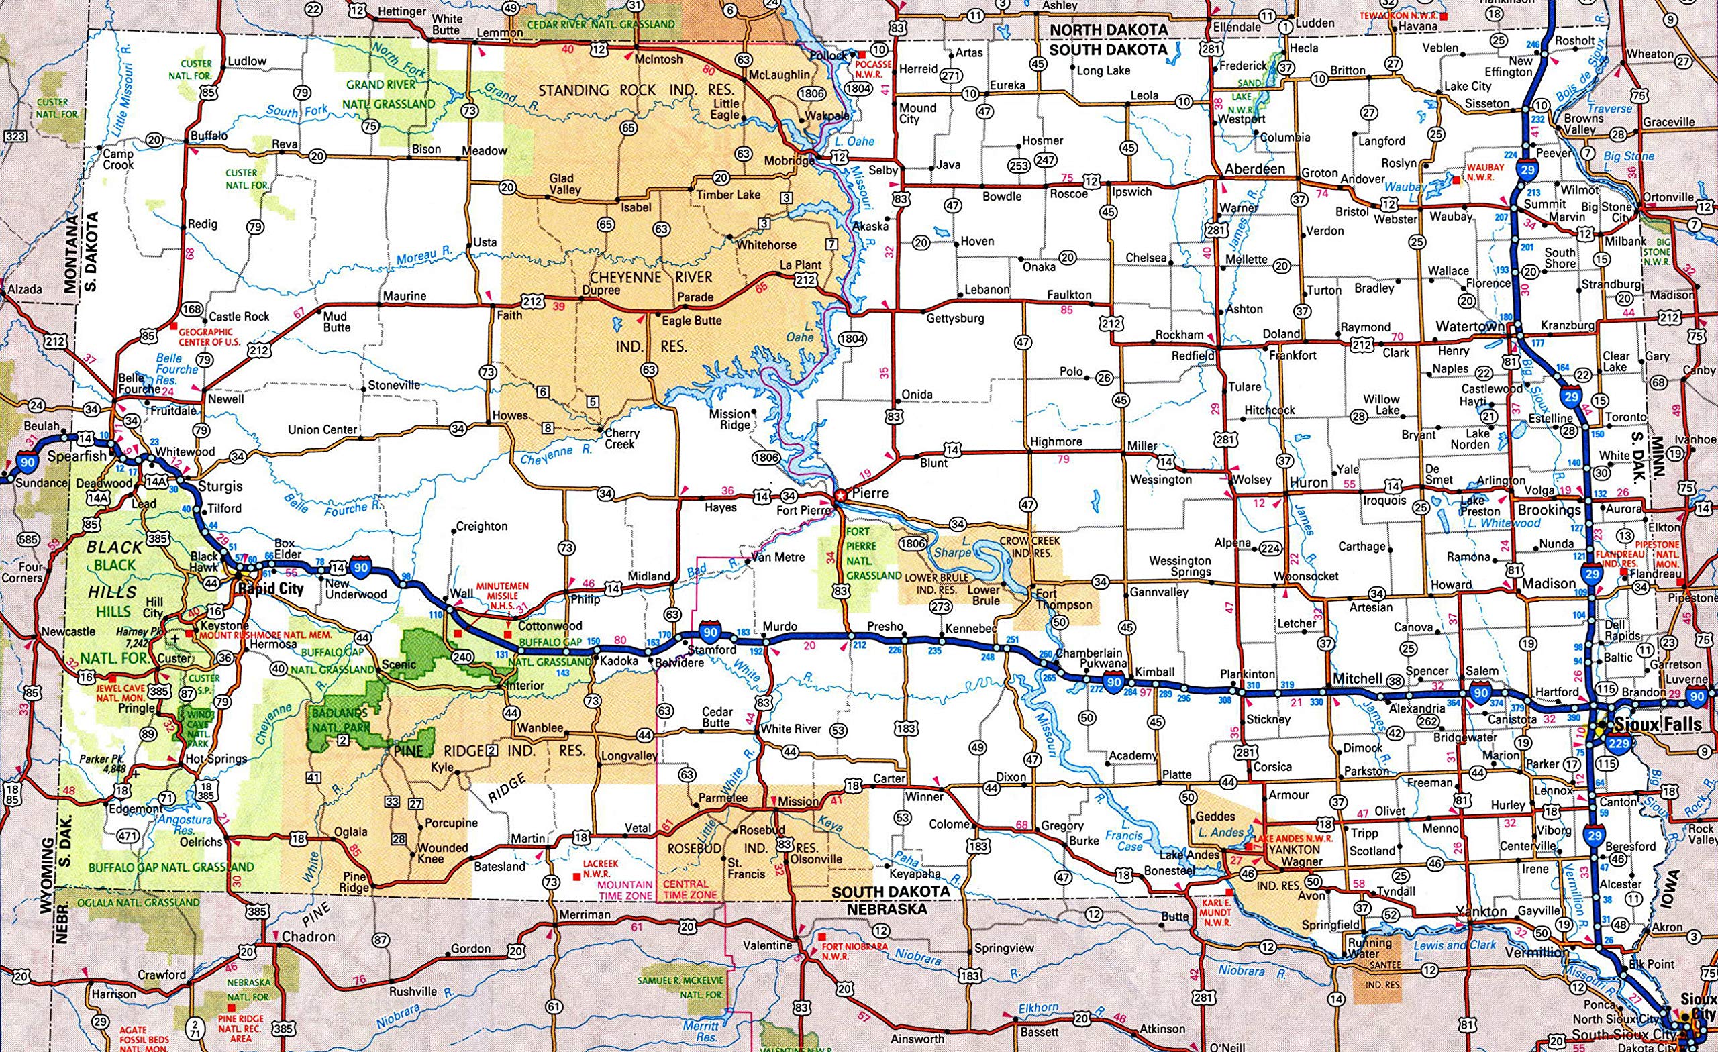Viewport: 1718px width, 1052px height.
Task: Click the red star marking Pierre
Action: click(841, 495)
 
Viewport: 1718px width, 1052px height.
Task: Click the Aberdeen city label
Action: click(1255, 170)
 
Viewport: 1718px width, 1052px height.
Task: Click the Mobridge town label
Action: click(789, 160)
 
